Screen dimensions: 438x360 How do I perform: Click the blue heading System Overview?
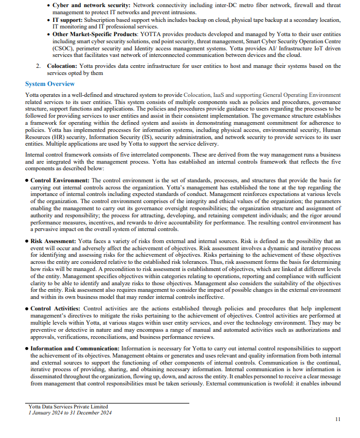click(x=50, y=84)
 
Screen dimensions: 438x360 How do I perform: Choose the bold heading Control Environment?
click(x=60, y=180)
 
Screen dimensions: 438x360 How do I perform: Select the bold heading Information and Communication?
click(x=74, y=348)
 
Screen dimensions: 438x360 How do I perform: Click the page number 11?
click(x=337, y=419)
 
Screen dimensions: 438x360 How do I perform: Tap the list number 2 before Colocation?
click(x=38, y=66)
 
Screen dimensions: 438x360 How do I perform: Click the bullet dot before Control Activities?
click(x=27, y=309)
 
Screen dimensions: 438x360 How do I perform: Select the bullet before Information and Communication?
click(x=27, y=348)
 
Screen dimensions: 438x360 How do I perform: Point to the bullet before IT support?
click(x=48, y=19)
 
